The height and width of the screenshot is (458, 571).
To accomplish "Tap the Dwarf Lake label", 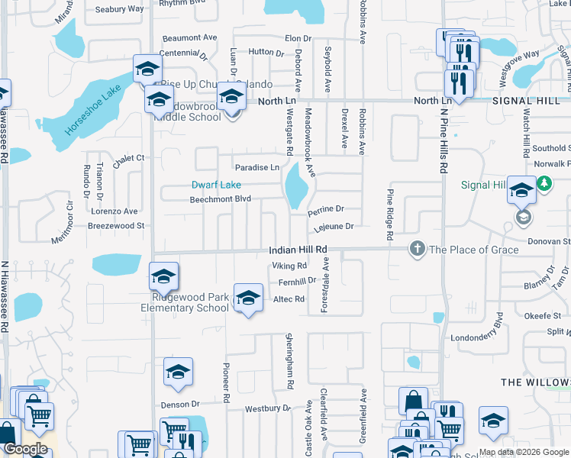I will coord(216,185).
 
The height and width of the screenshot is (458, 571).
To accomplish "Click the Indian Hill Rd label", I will coord(298,250).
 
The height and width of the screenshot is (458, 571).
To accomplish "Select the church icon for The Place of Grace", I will coord(417,249).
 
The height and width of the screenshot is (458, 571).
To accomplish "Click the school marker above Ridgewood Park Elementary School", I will coord(163,277).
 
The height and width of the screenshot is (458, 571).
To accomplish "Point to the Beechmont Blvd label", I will coord(221,200).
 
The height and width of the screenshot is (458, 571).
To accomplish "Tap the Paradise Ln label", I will coord(256,167).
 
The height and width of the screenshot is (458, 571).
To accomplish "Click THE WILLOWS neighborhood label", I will coord(535,381).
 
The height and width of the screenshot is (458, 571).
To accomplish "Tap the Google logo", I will coord(24,449).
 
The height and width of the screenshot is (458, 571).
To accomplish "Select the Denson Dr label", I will coord(179,404).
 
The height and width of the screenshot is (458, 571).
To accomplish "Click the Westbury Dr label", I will coord(268,408).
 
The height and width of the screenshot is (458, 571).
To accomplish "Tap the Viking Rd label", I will coord(289,266).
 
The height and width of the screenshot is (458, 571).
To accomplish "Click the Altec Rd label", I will coord(289,300).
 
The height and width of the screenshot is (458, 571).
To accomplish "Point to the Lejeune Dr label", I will coord(334,226).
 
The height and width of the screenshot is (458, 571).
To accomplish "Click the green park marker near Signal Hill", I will coord(544,183).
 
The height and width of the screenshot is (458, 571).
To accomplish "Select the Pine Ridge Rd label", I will coord(389,216).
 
